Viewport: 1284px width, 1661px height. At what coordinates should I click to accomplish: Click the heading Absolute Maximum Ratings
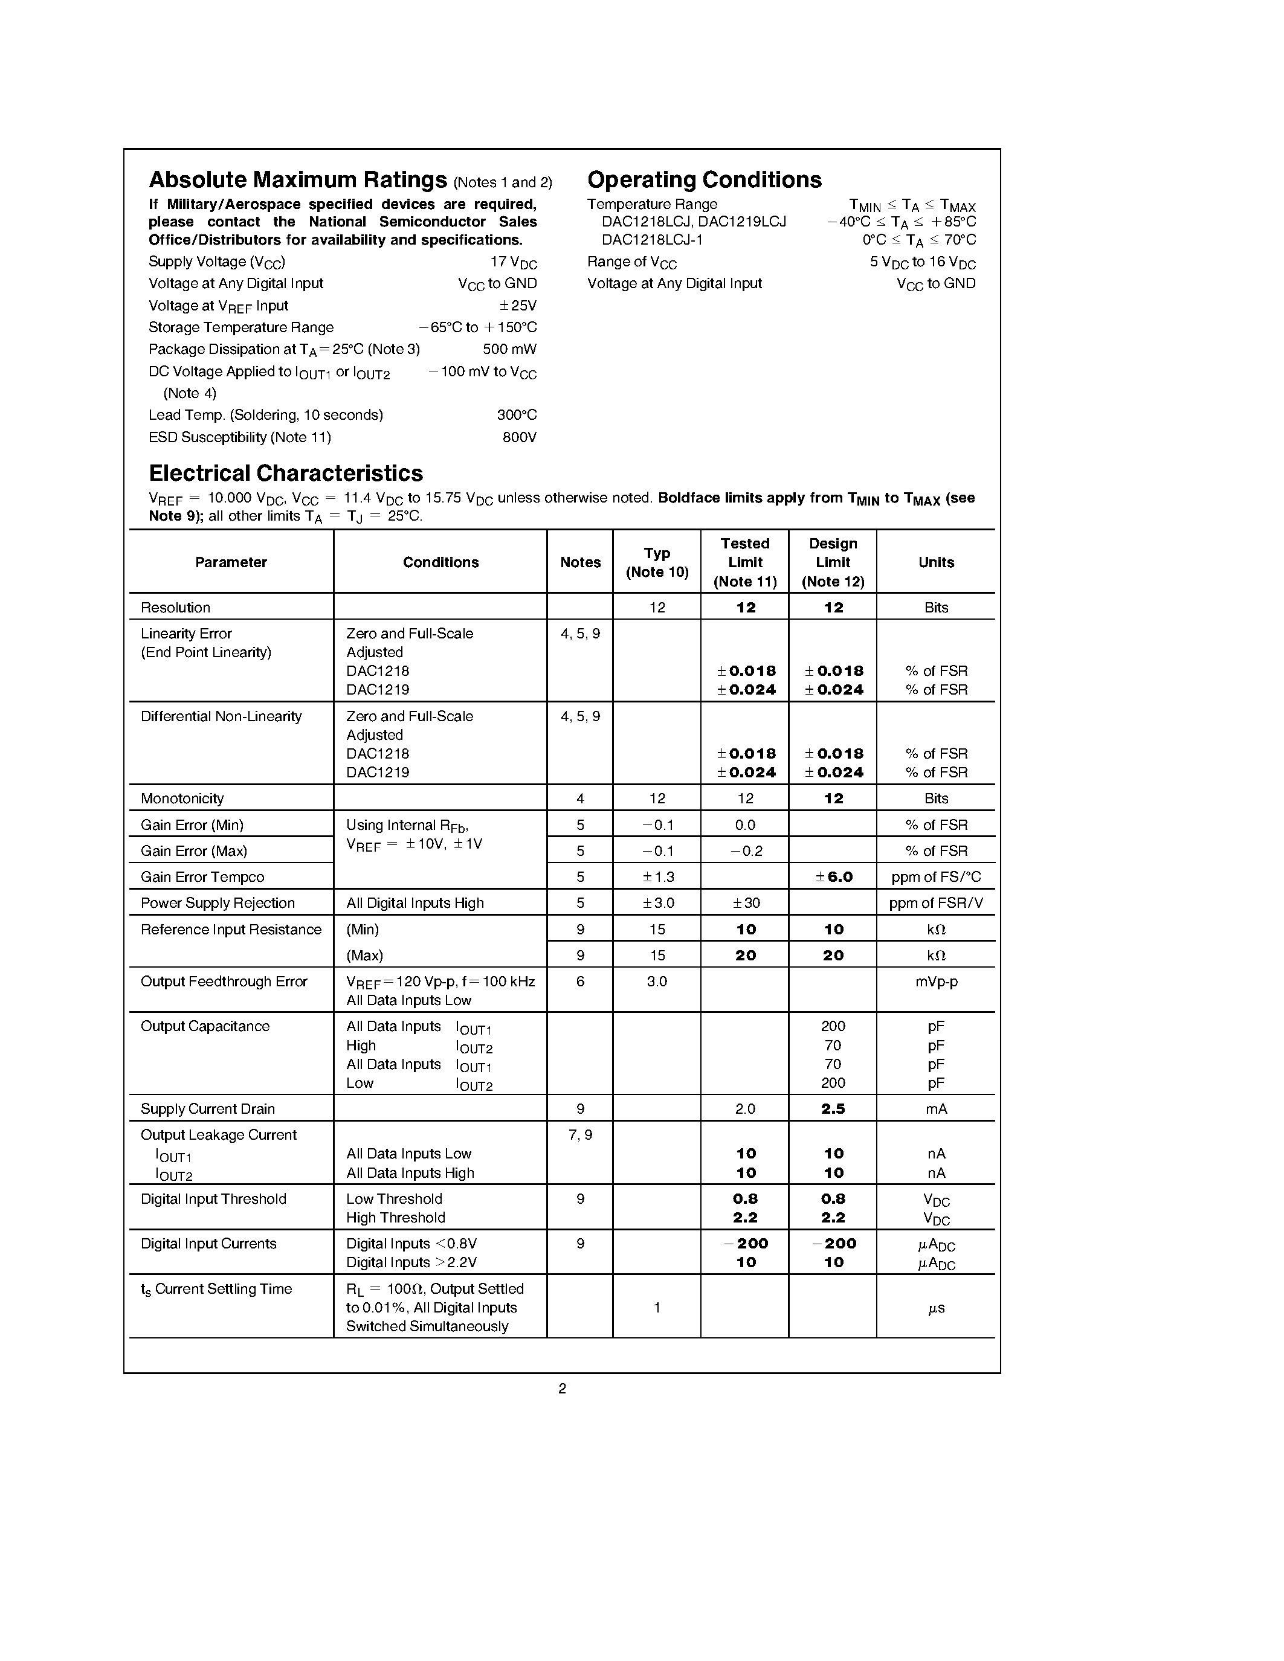(297, 180)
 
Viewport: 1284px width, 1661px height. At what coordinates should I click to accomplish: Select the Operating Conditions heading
(705, 180)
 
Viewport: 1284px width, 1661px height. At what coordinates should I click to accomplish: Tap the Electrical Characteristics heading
(286, 473)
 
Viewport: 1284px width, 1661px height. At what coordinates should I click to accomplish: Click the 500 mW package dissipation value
(509, 349)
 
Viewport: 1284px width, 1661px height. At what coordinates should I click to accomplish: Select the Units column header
(935, 562)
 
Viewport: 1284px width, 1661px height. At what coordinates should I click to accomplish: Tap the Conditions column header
(440, 562)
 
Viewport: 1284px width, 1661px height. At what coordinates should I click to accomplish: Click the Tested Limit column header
(744, 562)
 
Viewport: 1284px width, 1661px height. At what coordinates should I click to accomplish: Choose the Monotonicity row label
(182, 798)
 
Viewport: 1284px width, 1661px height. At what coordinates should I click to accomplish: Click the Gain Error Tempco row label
(202, 877)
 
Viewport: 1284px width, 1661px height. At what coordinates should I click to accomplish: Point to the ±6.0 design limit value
(834, 877)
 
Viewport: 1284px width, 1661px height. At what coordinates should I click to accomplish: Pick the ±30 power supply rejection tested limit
(744, 903)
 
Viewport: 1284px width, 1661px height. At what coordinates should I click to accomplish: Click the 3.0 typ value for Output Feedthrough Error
(656, 981)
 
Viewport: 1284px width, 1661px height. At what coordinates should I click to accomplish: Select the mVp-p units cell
(935, 981)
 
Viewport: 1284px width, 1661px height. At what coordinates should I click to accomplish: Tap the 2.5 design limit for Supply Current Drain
(833, 1109)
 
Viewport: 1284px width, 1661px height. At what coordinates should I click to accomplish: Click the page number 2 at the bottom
(562, 1389)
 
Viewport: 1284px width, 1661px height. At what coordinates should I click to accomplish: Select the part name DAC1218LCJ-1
(652, 240)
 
